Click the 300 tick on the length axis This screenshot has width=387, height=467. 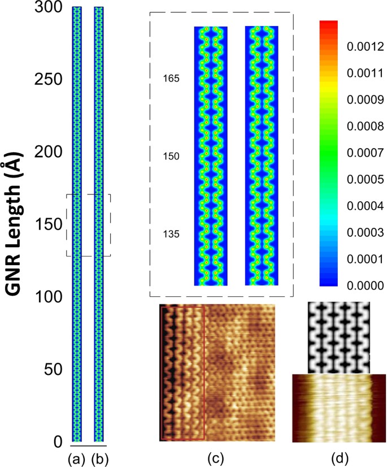[49, 8]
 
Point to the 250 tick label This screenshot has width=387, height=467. [49, 80]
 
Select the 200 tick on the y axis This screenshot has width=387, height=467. [49, 152]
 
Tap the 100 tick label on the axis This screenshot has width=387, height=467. [49, 296]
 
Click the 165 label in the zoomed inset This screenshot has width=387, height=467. [170, 79]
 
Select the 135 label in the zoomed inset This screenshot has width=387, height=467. [170, 233]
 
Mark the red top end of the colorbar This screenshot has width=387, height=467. [329, 24]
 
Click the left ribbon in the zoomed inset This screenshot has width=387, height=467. [211, 155]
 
